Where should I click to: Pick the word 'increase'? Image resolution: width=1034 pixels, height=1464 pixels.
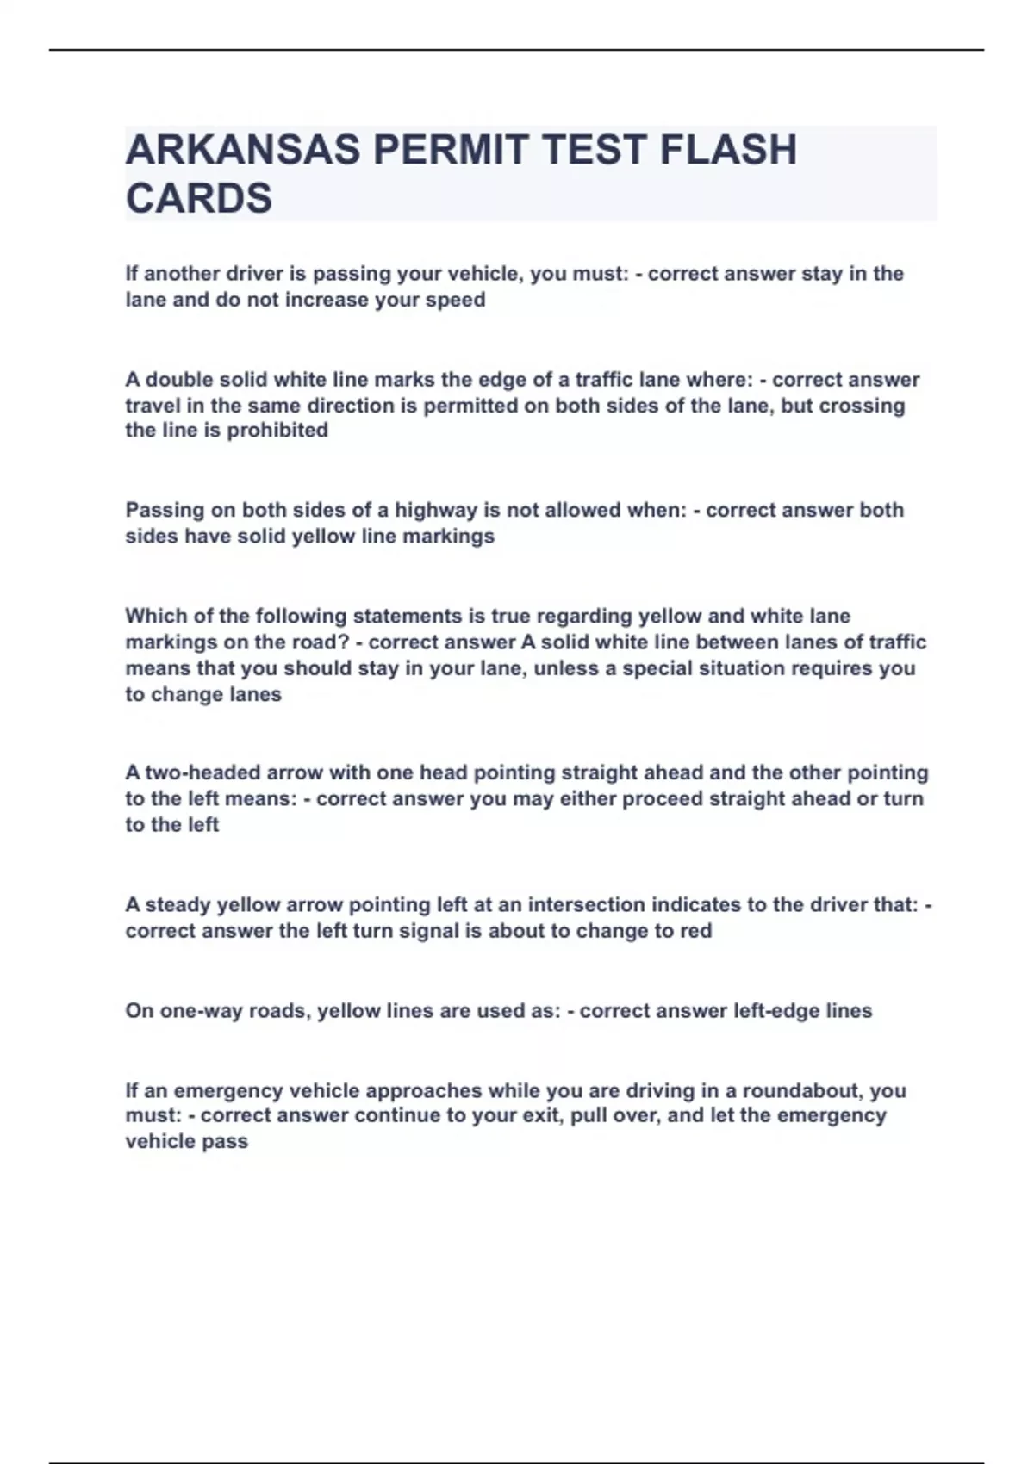[x=327, y=300]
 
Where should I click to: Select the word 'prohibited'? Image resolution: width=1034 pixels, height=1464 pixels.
[x=277, y=430]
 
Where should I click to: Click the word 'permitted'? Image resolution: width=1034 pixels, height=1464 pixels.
[x=470, y=406]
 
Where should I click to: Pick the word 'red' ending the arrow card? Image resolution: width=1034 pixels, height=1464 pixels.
[x=696, y=931]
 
